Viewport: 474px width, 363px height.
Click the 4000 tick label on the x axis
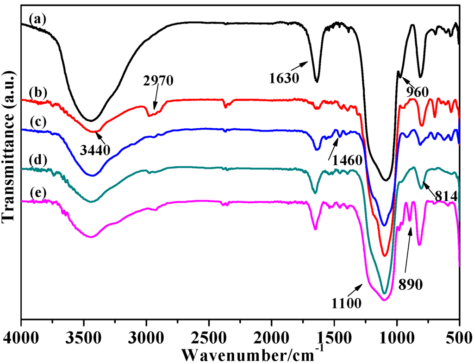pyautogui.click(x=21, y=334)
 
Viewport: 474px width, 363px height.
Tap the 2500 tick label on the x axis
pyautogui.click(x=209, y=334)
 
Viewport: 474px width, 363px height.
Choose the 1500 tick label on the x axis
pyautogui.click(x=334, y=334)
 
